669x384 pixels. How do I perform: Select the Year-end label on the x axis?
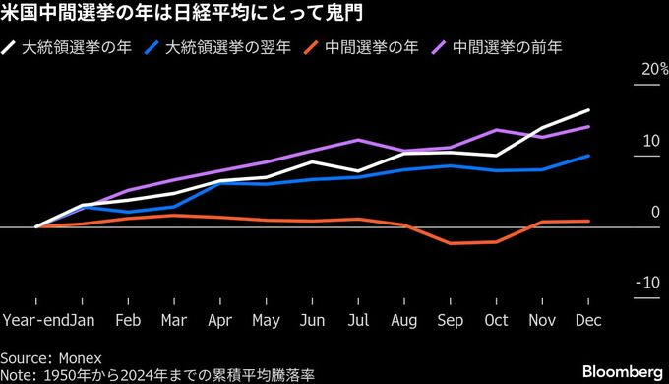click(x=35, y=320)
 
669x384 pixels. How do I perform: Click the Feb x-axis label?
click(x=129, y=320)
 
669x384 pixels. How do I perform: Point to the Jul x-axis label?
click(x=358, y=320)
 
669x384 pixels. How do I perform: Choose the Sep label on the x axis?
click(x=450, y=320)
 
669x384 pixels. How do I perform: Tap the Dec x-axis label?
click(x=587, y=320)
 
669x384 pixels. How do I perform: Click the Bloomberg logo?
click(x=622, y=370)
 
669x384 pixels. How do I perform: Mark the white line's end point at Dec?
click(x=588, y=110)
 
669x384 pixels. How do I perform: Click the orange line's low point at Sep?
click(x=450, y=243)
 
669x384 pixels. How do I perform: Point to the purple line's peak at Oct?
click(x=497, y=130)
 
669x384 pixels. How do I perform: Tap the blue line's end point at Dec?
click(x=588, y=156)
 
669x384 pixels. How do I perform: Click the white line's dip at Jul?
click(x=358, y=171)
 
